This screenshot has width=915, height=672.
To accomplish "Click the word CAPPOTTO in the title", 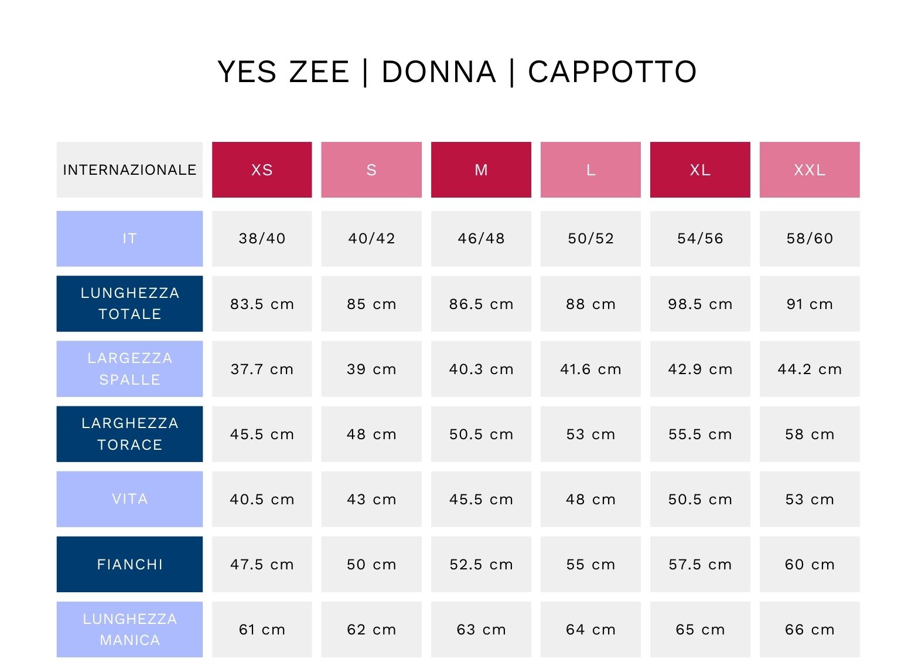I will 612,72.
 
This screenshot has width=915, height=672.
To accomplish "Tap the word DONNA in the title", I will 439,72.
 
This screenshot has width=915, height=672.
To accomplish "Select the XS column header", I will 262,170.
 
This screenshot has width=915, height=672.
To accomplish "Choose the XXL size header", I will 810,170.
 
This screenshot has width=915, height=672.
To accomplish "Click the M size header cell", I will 481,170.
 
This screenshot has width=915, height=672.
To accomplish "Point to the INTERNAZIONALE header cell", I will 129,170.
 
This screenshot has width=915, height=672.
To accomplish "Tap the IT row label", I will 129,239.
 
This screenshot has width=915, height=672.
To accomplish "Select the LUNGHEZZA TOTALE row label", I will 129,304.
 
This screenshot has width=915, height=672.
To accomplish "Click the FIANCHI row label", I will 129,564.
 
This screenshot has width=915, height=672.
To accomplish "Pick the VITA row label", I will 129,499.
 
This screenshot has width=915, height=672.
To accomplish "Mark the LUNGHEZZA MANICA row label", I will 129,629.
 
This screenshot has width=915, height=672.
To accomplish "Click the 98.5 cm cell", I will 700,304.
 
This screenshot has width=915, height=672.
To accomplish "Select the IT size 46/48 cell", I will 481,239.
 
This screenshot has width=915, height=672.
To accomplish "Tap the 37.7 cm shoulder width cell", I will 262,369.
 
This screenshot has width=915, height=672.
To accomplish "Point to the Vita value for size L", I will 590,499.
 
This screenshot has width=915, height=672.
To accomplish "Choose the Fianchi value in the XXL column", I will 810,564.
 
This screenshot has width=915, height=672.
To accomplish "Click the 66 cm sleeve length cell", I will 810,629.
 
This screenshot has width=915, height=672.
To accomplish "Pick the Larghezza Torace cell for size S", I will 371,434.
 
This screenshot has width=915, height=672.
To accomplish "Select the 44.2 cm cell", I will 810,369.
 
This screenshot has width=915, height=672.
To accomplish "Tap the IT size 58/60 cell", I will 810,239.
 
